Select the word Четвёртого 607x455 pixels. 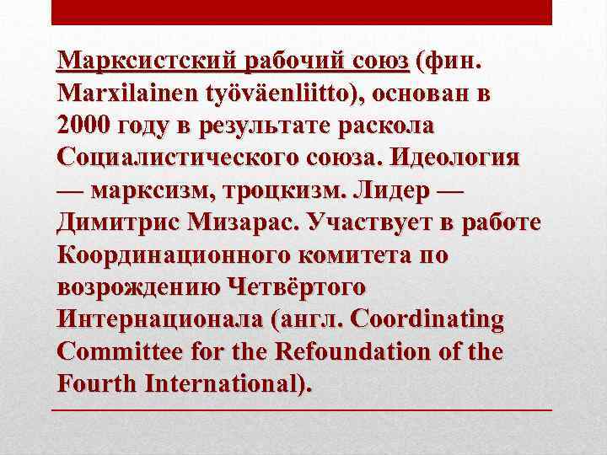[x=297, y=286]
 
